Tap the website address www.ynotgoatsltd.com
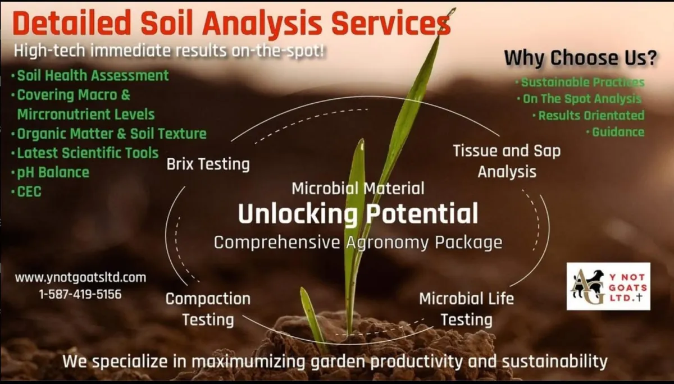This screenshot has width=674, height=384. pyautogui.click(x=81, y=277)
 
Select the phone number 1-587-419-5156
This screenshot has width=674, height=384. pyautogui.click(x=80, y=294)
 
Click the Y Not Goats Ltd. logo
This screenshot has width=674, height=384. pyautogui.click(x=608, y=286)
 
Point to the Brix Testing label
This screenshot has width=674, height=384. pyautogui.click(x=208, y=164)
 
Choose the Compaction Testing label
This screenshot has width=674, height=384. pyautogui.click(x=208, y=309)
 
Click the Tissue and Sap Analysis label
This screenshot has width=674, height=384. pyautogui.click(x=507, y=161)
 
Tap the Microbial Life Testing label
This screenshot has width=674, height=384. pyautogui.click(x=467, y=309)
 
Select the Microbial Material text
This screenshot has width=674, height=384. pyautogui.click(x=358, y=189)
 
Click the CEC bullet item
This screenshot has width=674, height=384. pyautogui.click(x=26, y=191)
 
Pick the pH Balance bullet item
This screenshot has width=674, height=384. pyautogui.click(x=50, y=172)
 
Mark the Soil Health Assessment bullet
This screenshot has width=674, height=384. pyautogui.click(x=90, y=75)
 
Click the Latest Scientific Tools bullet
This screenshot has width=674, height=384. pyautogui.click(x=85, y=153)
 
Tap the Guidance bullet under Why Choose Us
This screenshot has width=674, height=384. pyautogui.click(x=616, y=132)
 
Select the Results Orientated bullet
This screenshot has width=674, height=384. pyautogui.click(x=589, y=116)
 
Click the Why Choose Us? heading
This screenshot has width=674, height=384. pyautogui.click(x=580, y=58)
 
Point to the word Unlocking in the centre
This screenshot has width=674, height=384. pyautogui.click(x=298, y=214)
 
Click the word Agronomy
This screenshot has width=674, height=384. pyautogui.click(x=388, y=243)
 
